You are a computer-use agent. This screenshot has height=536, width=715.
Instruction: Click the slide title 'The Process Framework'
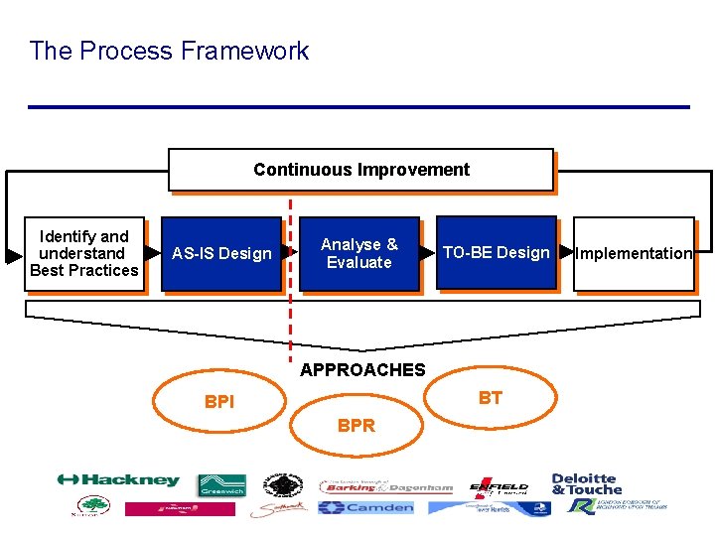pyautogui.click(x=169, y=51)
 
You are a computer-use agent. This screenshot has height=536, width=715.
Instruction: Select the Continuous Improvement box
pyautogui.click(x=360, y=170)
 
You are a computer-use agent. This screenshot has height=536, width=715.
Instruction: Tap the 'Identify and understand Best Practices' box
pyautogui.click(x=84, y=254)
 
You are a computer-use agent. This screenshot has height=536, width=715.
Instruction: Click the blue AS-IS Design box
pyautogui.click(x=220, y=254)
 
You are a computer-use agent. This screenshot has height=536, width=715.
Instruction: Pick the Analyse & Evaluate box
pyautogui.click(x=358, y=254)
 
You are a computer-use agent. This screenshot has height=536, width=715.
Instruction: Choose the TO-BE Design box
pyautogui.click(x=496, y=253)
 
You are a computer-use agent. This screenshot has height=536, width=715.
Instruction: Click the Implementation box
pyautogui.click(x=633, y=254)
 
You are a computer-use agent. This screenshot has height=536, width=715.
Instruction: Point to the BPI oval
pyautogui.click(x=219, y=402)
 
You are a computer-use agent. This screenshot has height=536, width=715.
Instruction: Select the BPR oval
pyautogui.click(x=357, y=426)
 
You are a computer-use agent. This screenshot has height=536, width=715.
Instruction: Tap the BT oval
pyautogui.click(x=491, y=398)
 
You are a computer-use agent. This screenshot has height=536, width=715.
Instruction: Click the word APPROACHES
pyautogui.click(x=362, y=370)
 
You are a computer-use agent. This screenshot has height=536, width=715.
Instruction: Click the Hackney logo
pyautogui.click(x=118, y=480)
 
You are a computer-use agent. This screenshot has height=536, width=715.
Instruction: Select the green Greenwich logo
pyautogui.click(x=221, y=485)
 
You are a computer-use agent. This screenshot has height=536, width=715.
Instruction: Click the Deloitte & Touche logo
pyautogui.click(x=585, y=483)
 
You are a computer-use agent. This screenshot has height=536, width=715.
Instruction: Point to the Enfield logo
pyautogui.click(x=499, y=486)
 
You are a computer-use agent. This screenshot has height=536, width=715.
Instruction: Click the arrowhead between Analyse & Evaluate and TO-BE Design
pyautogui.click(x=427, y=254)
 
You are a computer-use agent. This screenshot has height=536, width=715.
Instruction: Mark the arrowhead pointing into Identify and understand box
pyautogui.click(x=14, y=256)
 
